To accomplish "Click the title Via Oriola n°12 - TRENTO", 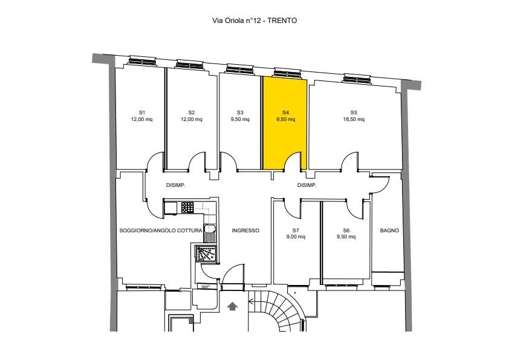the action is coord(254,21).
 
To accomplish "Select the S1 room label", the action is coord(142,113).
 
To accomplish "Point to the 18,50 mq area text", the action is coord(354,119).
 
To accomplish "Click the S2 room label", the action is coord(192,113).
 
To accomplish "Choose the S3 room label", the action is coord(240,113).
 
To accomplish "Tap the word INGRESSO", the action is coord(245,231).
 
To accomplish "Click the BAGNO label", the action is coord(389,231).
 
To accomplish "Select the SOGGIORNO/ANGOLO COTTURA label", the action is coord(161,231).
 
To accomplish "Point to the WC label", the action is coord(206,287).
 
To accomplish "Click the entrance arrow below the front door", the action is coord(232,306).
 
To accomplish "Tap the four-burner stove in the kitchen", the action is coord(187,208).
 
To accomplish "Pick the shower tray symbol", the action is coord(204,254).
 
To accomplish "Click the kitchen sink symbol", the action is coord(209,233).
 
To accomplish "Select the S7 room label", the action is coord(296,231).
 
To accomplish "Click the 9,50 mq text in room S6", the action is coord(346,237).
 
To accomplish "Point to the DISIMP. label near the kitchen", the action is coord(176,186).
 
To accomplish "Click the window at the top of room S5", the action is coord(357,78).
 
